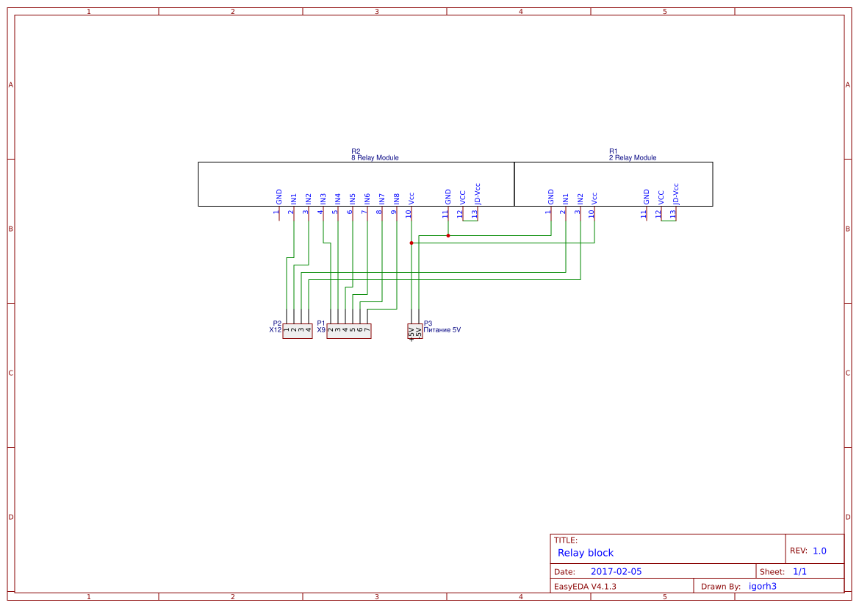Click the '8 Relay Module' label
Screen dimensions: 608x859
(x=375, y=158)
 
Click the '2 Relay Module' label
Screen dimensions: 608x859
(x=633, y=158)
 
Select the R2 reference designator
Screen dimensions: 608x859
(x=356, y=151)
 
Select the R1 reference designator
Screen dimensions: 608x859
(x=614, y=151)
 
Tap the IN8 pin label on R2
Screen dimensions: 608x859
(x=397, y=199)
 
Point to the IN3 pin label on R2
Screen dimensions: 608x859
(x=323, y=199)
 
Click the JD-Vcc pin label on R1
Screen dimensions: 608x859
(x=676, y=193)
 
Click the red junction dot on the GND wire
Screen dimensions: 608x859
(x=448, y=235)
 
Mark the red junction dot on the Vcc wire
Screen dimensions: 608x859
(x=411, y=243)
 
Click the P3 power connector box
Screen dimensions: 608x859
(x=415, y=332)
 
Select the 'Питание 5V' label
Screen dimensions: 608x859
(x=442, y=330)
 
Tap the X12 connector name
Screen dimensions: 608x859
(x=275, y=330)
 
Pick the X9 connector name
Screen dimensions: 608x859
(x=321, y=330)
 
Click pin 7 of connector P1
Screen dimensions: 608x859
(x=367, y=330)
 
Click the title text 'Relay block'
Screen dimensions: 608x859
(x=585, y=553)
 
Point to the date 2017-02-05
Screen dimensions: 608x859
(x=616, y=571)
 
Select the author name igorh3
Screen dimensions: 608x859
(x=762, y=586)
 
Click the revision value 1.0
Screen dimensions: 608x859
(x=819, y=551)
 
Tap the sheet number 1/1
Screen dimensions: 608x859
(x=799, y=571)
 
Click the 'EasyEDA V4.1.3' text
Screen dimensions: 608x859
(x=585, y=586)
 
